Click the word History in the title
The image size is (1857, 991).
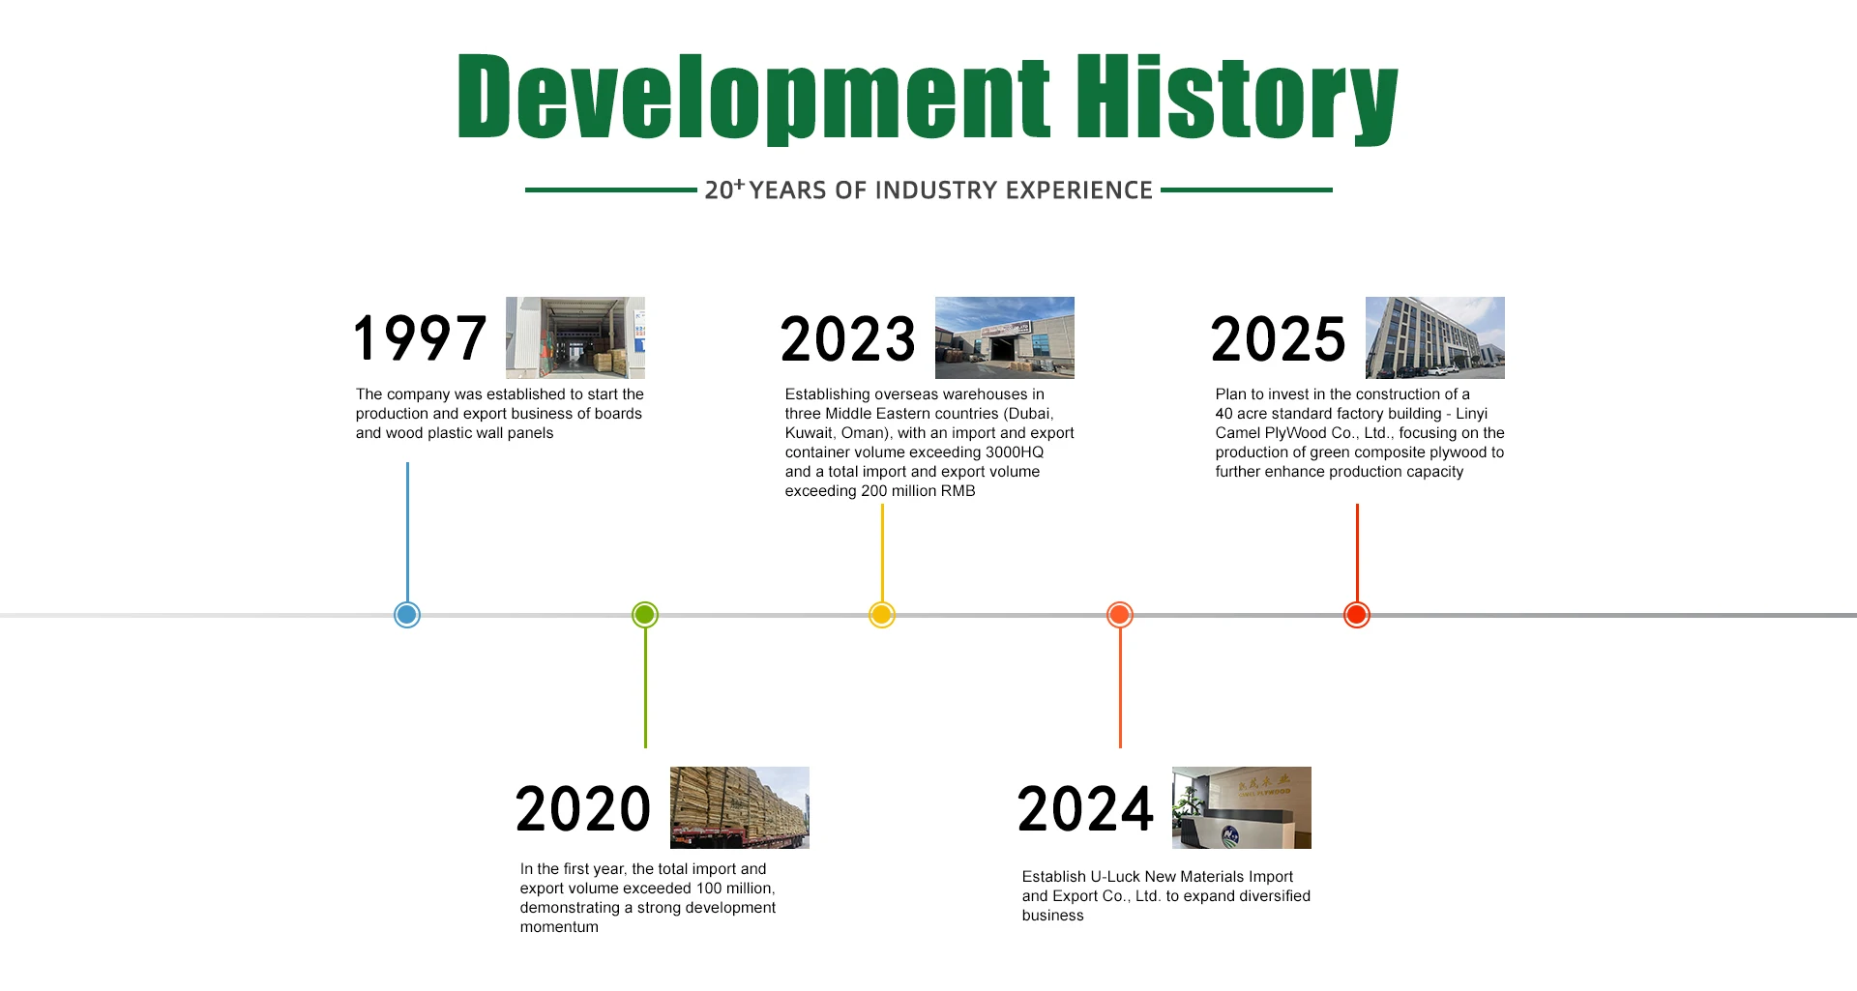pos(1237,97)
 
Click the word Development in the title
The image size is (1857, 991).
pos(753,98)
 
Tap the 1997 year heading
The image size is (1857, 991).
pos(420,338)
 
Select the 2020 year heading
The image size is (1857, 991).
pos(583,809)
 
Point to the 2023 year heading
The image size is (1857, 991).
pos(848,339)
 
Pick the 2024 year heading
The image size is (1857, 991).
pos(1085,809)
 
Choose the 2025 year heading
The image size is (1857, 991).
pos(1278,339)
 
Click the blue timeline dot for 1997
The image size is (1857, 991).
pos(407,615)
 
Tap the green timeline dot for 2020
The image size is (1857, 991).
pos(645,615)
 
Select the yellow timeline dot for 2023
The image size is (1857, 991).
pos(882,615)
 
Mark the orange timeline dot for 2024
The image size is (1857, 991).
pos(1120,615)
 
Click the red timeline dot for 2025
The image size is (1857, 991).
pos(1357,615)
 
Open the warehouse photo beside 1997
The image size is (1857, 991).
pos(575,337)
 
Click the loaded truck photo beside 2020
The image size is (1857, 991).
pos(740,808)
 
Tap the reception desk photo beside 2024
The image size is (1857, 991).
pos(1242,808)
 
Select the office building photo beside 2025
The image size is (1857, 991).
pos(1435,337)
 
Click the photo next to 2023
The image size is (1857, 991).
pos(1005,337)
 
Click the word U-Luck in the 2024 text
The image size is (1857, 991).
pos(1115,877)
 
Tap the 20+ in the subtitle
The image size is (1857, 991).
pos(724,189)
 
